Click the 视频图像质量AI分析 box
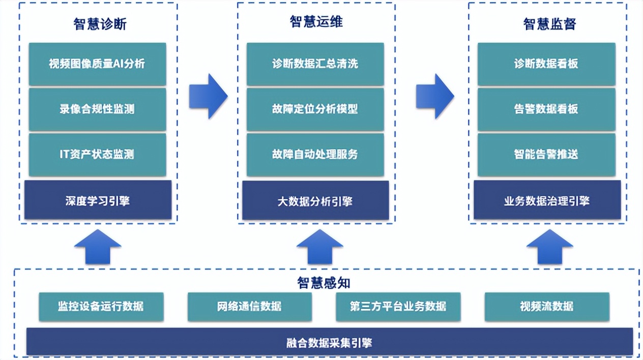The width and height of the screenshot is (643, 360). [97, 64]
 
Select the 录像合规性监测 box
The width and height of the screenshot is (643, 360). [97, 109]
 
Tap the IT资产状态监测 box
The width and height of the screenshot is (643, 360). [97, 154]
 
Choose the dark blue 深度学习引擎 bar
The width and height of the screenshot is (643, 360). [98, 201]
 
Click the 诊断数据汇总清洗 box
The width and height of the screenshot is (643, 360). [315, 64]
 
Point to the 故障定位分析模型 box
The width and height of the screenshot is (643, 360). [315, 109]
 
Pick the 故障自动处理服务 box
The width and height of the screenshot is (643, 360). [315, 154]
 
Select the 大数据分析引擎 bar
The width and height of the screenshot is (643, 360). [315, 201]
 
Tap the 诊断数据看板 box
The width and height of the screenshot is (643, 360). [546, 64]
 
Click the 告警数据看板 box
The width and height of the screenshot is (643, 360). [546, 109]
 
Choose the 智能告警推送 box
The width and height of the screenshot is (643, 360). [546, 154]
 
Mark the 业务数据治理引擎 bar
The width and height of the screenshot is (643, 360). [547, 201]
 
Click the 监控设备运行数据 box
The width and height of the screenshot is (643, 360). [101, 307]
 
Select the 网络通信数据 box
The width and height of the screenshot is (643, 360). [249, 307]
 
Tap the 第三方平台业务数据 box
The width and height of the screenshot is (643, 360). [398, 307]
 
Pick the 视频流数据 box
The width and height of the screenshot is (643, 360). [547, 307]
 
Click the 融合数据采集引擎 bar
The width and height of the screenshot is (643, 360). [330, 342]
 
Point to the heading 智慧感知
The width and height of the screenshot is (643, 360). [324, 283]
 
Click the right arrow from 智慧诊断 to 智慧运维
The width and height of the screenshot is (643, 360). [208, 96]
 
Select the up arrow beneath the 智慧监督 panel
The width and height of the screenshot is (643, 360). [549, 247]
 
